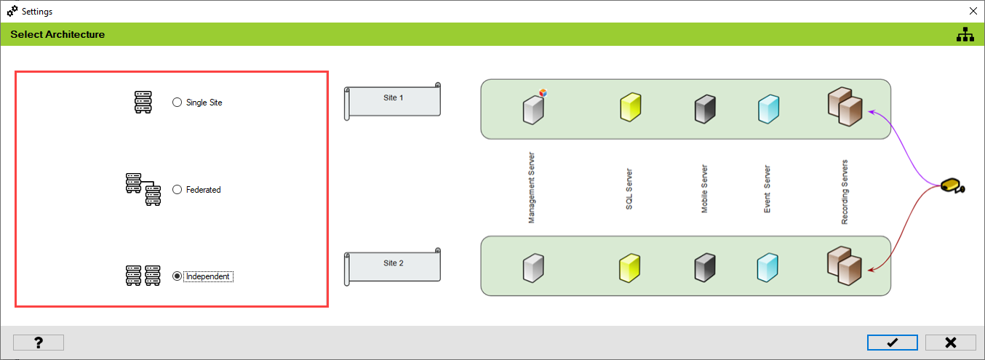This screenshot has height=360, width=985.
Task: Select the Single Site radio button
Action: pyautogui.click(x=177, y=103)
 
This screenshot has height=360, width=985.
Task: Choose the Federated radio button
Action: pyautogui.click(x=177, y=190)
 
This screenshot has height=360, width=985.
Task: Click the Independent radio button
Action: pyautogui.click(x=177, y=276)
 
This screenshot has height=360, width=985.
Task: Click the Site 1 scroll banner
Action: pyautogui.click(x=393, y=100)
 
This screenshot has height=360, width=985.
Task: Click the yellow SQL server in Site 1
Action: pyautogui.click(x=630, y=107)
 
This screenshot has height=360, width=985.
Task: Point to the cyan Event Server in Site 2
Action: pyautogui.click(x=767, y=268)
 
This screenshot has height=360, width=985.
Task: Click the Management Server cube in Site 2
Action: pyautogui.click(x=533, y=268)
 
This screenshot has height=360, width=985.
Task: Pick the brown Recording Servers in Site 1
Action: pyautogui.click(x=845, y=107)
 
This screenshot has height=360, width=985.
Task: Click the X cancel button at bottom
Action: pyautogui.click(x=950, y=343)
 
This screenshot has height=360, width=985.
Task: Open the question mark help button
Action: pyautogui.click(x=39, y=343)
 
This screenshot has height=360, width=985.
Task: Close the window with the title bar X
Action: pyautogui.click(x=973, y=11)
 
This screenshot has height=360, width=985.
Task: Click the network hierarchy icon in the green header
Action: pyautogui.click(x=965, y=34)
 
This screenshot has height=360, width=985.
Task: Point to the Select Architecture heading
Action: pyautogui.click(x=57, y=34)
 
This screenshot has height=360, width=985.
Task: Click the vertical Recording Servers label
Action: pyautogui.click(x=845, y=192)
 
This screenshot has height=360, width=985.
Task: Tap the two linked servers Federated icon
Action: pyautogui.click(x=143, y=190)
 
